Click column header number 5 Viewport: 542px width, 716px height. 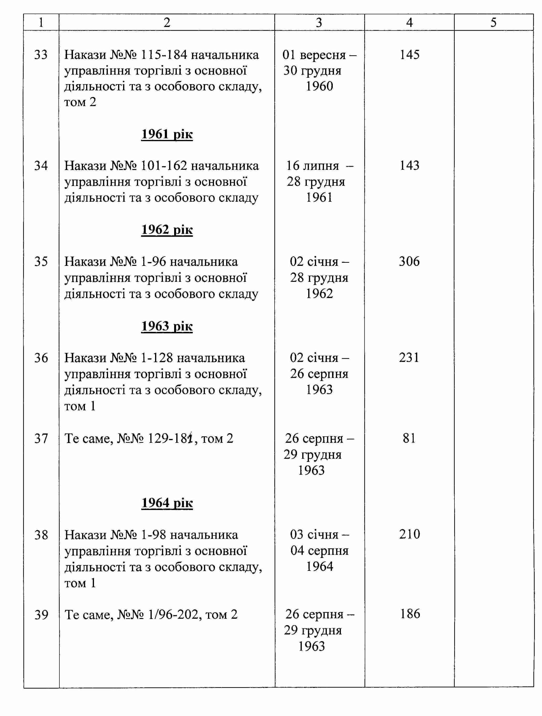pyautogui.click(x=493, y=22)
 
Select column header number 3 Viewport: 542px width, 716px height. pyautogui.click(x=319, y=22)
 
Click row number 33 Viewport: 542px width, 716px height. pyautogui.click(x=41, y=55)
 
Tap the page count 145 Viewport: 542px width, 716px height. pyautogui.click(x=409, y=55)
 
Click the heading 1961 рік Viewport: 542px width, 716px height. pyautogui.click(x=167, y=134)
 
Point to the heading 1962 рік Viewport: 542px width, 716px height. pyautogui.click(x=167, y=230)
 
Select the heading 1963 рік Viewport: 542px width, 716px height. pyautogui.click(x=167, y=326)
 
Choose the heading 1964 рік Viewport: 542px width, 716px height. pyautogui.click(x=167, y=503)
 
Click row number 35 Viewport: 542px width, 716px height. pyautogui.click(x=41, y=262)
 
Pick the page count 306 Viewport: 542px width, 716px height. pyautogui.click(x=409, y=262)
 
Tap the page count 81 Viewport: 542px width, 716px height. pyautogui.click(x=409, y=438)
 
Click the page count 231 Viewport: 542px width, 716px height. pyautogui.click(x=409, y=358)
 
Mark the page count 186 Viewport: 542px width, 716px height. pyautogui.click(x=410, y=614)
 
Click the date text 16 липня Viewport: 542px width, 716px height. pyautogui.click(x=313, y=166)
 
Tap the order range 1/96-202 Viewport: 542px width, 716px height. pyautogui.click(x=173, y=614)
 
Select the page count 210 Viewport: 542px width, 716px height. pyautogui.click(x=409, y=534)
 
